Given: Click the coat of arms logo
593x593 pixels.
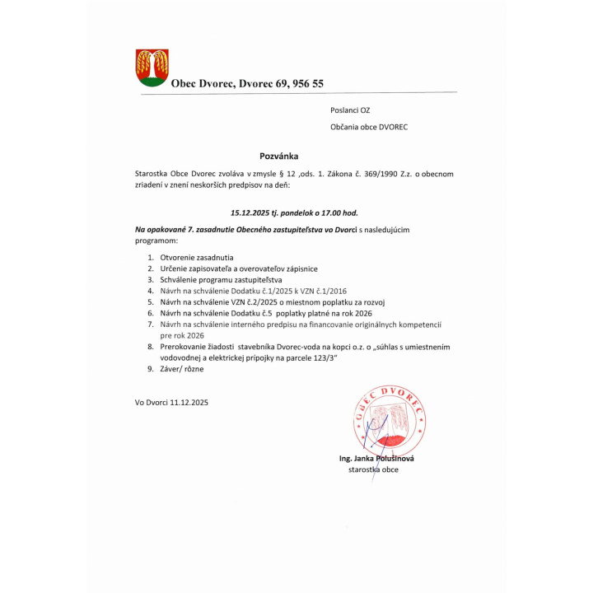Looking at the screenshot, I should [x=152, y=67].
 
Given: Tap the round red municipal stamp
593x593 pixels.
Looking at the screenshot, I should [x=389, y=418].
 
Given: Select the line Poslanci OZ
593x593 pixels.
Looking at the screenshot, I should [x=349, y=110].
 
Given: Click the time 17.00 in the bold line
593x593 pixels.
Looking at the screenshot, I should [x=335, y=212].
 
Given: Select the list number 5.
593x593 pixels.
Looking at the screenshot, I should [x=151, y=302].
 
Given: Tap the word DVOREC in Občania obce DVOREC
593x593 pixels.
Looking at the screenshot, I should [x=393, y=127].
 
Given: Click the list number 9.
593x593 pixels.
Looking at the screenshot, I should [x=151, y=369].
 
